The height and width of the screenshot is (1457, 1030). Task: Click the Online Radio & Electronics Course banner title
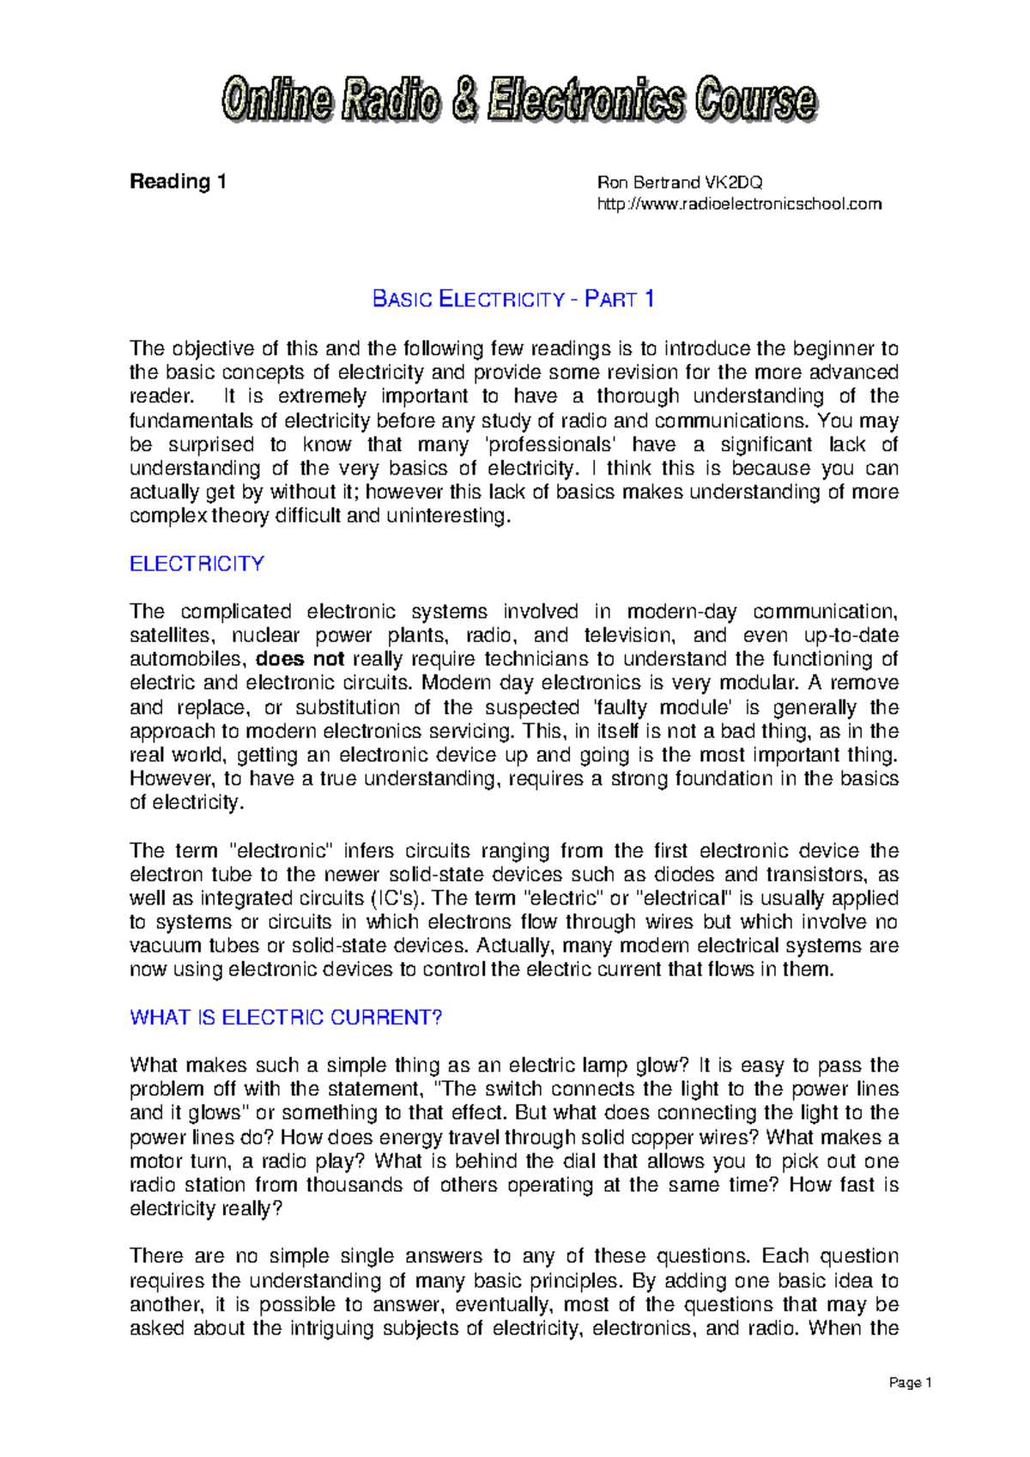click(x=518, y=100)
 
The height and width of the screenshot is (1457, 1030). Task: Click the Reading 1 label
click(x=177, y=182)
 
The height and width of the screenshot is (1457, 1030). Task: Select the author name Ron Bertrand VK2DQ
click(x=680, y=182)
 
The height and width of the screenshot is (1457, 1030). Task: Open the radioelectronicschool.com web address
click(x=739, y=204)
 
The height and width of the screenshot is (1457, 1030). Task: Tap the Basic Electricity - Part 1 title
click(x=513, y=299)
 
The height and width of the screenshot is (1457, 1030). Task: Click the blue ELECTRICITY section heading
click(x=197, y=564)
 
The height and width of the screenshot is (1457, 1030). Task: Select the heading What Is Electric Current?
click(x=285, y=1018)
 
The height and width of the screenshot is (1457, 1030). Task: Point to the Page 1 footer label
click(x=910, y=1382)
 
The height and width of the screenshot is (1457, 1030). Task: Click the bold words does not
click(x=300, y=659)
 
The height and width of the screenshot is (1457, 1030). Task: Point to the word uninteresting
click(x=447, y=517)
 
